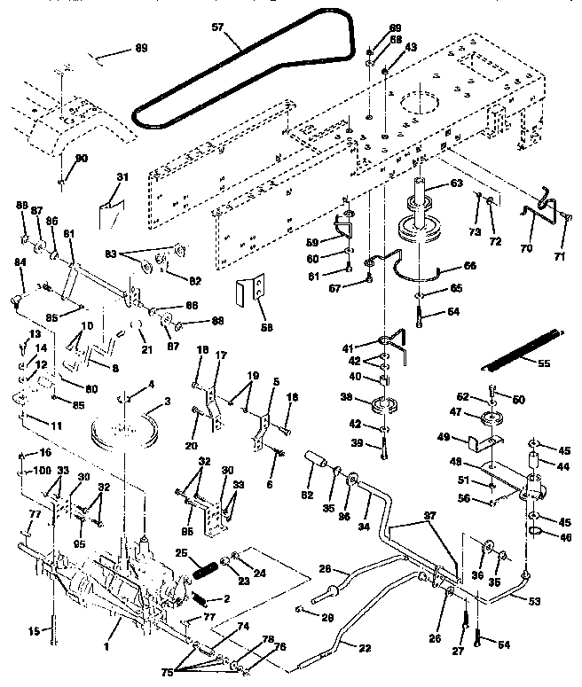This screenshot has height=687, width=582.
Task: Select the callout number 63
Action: pyautogui.click(x=456, y=183)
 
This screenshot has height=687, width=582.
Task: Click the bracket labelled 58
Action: pyautogui.click(x=251, y=289)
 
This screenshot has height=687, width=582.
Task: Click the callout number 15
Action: pyautogui.click(x=35, y=631)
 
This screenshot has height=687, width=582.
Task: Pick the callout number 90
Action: pyautogui.click(x=83, y=158)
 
